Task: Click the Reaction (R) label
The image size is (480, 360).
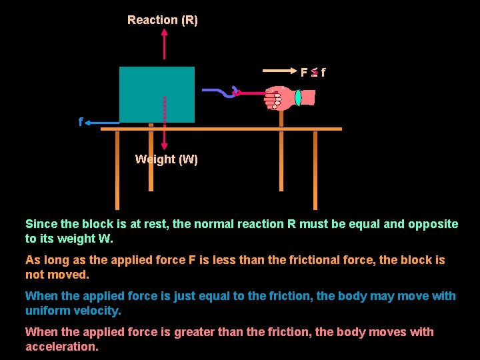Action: click(163, 20)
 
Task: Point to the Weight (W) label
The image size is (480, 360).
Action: click(166, 159)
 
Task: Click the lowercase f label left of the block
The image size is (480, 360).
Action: click(81, 123)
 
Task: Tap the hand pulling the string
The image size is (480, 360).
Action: click(279, 97)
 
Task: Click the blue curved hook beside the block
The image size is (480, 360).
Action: click(220, 93)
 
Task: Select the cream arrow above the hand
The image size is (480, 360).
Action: click(280, 69)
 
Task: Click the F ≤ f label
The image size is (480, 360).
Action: click(313, 72)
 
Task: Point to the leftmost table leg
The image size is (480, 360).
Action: click(117, 170)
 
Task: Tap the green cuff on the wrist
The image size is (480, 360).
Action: click(298, 97)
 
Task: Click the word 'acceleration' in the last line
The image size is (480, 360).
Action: click(61, 347)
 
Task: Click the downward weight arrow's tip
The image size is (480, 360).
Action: click(165, 150)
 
